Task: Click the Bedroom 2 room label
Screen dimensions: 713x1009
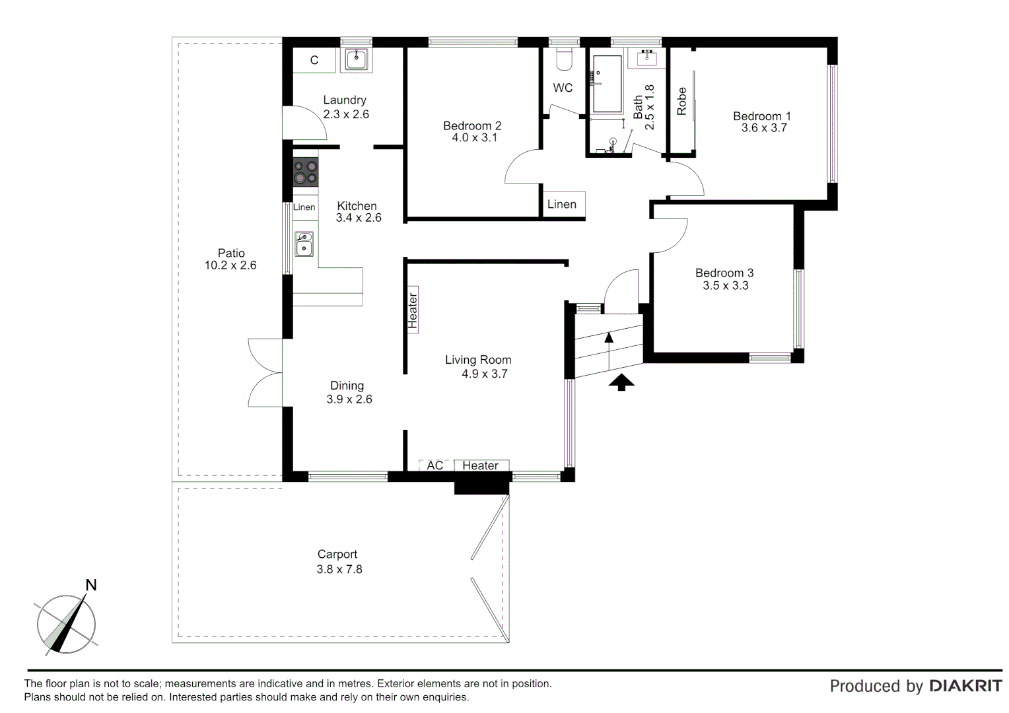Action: tap(472, 125)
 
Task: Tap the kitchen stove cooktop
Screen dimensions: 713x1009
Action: tap(306, 172)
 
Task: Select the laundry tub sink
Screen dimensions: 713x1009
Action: tap(356, 60)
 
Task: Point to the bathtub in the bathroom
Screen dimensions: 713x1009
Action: tap(607, 84)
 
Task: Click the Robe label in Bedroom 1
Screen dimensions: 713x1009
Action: tap(681, 101)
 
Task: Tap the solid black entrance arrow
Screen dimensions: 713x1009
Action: tap(621, 382)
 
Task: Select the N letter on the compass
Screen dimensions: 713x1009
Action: tap(91, 585)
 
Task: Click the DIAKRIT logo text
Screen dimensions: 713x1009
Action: tap(965, 686)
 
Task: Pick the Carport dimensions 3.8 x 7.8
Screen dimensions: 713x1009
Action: tap(339, 569)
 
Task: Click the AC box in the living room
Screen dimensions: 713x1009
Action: tap(435, 465)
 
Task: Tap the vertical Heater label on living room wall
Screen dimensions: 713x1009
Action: tap(413, 310)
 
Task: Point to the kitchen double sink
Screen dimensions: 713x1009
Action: tap(304, 243)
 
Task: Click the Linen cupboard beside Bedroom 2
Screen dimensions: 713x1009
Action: tap(562, 205)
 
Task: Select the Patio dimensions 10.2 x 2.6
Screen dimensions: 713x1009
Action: tap(230, 265)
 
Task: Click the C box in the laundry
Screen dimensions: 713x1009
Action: tap(314, 60)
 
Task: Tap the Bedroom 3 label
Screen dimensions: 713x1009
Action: tap(724, 273)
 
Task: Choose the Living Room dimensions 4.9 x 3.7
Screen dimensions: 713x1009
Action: tap(484, 374)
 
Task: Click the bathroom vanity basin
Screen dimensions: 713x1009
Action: tap(646, 57)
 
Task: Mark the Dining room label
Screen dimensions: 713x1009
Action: tap(347, 386)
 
